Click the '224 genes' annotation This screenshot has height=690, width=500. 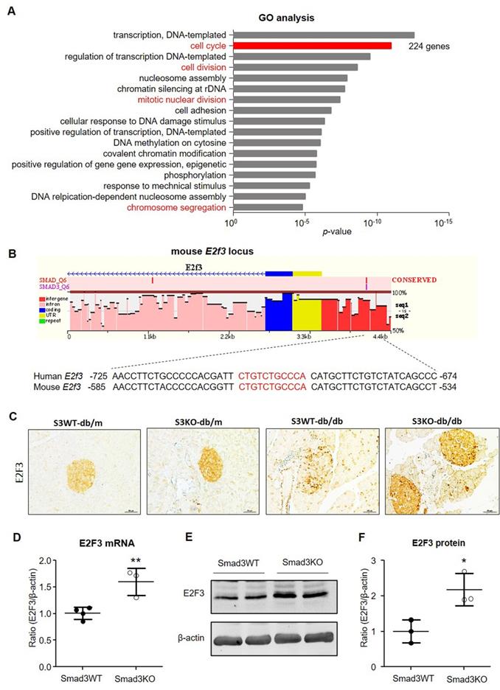coord(429,46)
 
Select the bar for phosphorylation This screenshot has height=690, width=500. coord(274,175)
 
